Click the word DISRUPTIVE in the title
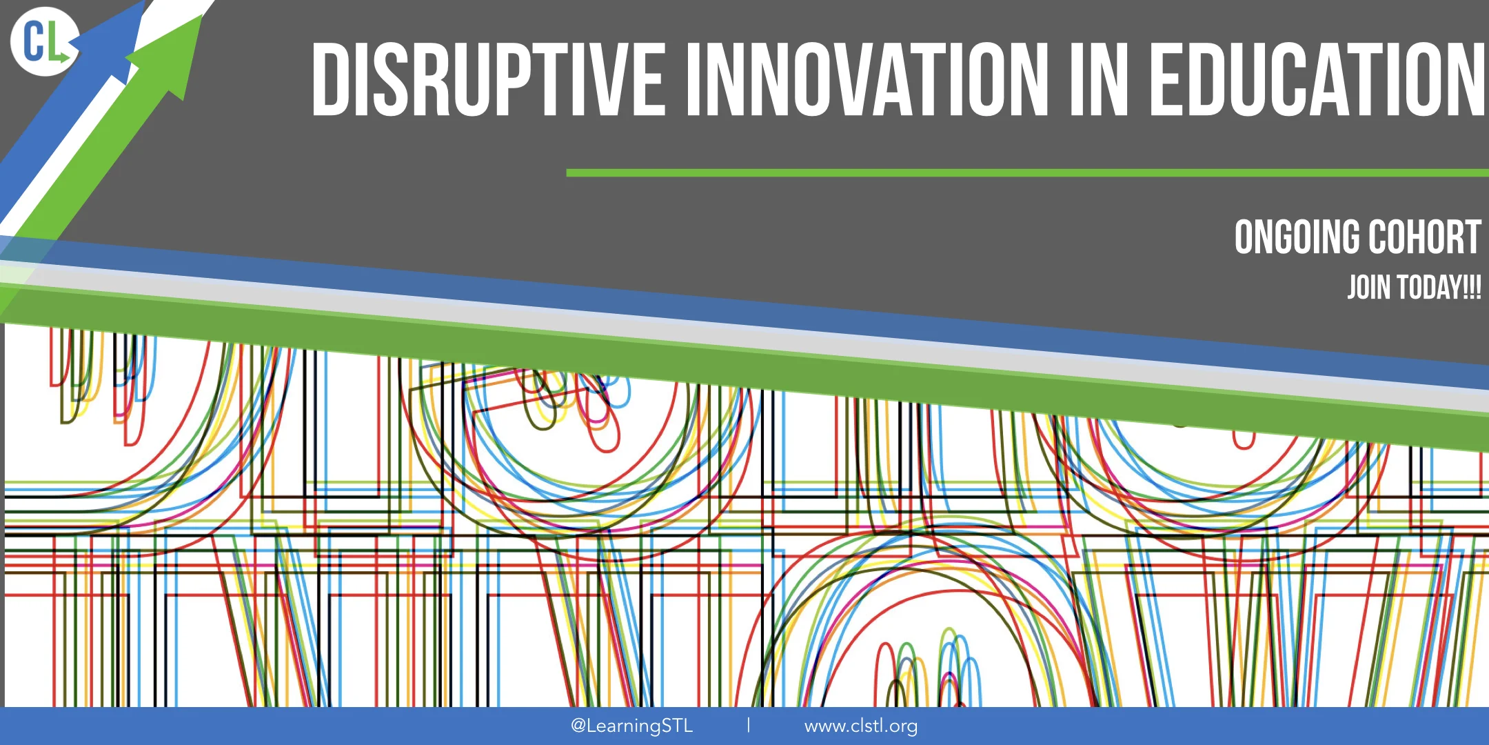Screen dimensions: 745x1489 [x=488, y=79]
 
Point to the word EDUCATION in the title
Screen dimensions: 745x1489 [x=1317, y=79]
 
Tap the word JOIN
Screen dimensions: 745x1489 [x=1368, y=288]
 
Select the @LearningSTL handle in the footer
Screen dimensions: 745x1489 [x=631, y=726]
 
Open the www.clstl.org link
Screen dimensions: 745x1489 [x=860, y=726]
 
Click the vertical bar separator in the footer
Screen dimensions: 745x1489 [x=749, y=725]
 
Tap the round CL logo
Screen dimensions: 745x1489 [x=44, y=41]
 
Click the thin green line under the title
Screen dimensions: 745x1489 [x=1027, y=173]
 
